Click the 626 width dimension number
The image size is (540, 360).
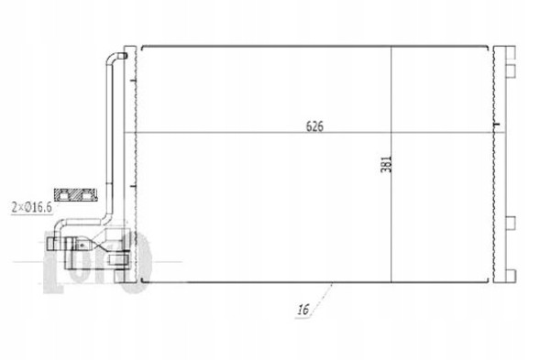pos(315,125)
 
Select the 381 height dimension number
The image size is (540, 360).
pos(385,166)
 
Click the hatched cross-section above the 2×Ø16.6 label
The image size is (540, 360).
pos(76,194)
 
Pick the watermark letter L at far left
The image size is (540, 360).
pos(53,256)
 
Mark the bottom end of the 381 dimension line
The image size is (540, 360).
pos(392,281)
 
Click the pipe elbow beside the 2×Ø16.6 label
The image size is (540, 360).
pos(107,216)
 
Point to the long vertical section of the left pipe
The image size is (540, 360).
pos(107,137)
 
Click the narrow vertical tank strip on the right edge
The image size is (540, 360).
pos(500,165)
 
